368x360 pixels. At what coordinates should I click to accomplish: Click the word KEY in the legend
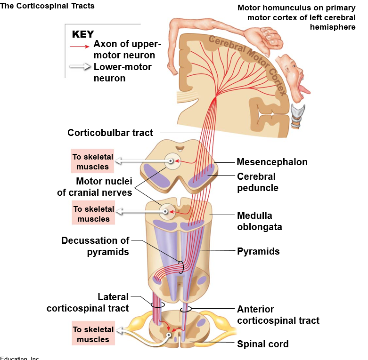[x=83, y=34]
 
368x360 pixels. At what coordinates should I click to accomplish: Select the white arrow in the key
[x=79, y=67]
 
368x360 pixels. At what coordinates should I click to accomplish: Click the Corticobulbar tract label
[x=110, y=133]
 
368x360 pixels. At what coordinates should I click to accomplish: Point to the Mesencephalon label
[x=272, y=162]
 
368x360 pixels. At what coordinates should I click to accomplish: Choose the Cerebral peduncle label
[x=257, y=182]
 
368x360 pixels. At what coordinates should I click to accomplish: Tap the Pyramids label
[x=258, y=251]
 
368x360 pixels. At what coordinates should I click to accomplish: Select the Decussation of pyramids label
[x=95, y=246]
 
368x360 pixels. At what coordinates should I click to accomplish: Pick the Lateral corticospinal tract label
[x=88, y=303]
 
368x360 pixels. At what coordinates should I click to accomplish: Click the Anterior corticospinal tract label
[x=278, y=315]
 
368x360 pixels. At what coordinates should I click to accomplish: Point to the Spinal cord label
[x=262, y=344]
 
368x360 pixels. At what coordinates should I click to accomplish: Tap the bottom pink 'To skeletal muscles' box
[x=93, y=335]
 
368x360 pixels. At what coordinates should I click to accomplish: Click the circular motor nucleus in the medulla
[x=165, y=211]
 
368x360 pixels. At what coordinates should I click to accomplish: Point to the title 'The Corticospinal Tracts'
[x=48, y=6]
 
